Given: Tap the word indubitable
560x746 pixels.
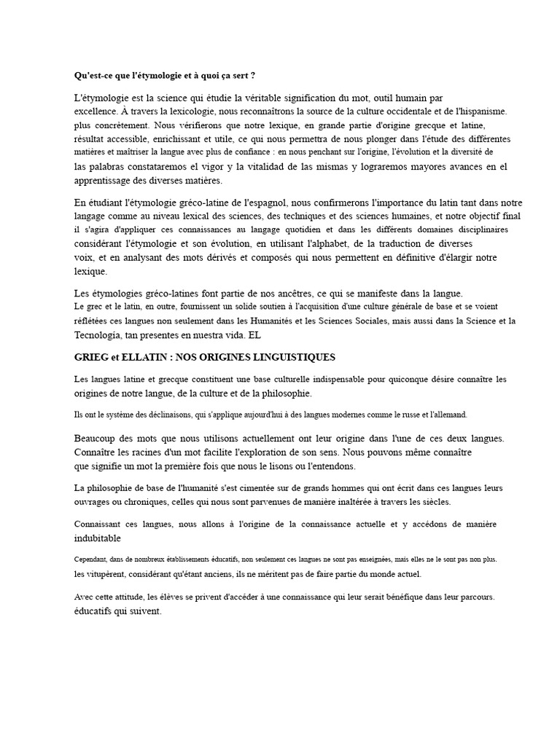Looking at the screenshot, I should point(98,538).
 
